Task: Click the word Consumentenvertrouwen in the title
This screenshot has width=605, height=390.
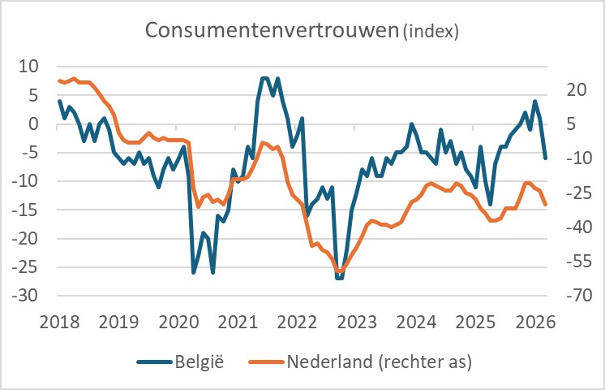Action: point(271,30)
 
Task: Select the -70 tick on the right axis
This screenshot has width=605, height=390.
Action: point(573,296)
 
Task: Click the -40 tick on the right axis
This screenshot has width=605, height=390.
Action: point(573,227)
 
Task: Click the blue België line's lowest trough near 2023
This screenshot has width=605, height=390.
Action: point(339,278)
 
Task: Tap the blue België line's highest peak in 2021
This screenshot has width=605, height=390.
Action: point(264,78)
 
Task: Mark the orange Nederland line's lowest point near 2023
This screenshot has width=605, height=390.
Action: point(340,271)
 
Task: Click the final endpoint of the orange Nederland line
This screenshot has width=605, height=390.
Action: point(546,205)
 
